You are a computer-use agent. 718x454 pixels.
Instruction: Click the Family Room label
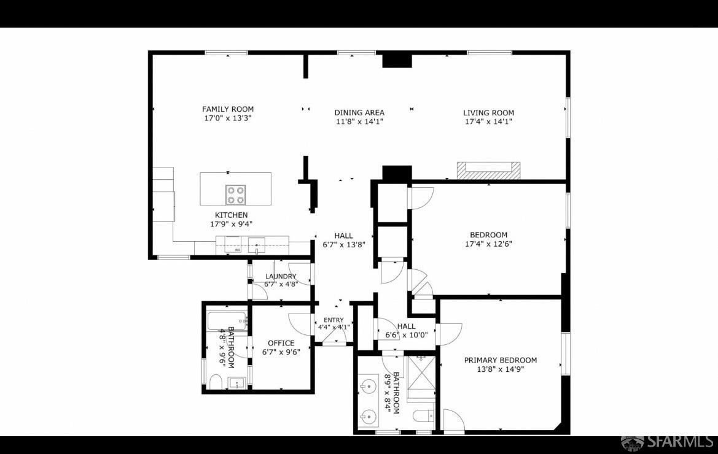click(228, 109)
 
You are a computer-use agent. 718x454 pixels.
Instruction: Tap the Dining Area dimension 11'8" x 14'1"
click(359, 121)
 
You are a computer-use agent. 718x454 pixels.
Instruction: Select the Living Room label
click(488, 112)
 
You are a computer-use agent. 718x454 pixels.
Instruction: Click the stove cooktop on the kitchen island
click(235, 194)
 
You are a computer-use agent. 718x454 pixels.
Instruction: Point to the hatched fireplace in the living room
click(488, 171)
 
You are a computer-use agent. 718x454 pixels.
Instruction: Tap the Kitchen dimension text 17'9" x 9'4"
click(231, 224)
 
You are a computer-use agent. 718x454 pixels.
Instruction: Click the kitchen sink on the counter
click(257, 245)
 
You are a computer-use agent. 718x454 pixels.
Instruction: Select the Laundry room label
click(281, 277)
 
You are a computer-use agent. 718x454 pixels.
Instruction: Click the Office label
click(281, 343)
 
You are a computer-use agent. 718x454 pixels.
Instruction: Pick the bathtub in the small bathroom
click(227, 321)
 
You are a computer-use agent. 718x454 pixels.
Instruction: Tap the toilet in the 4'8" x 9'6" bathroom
click(215, 382)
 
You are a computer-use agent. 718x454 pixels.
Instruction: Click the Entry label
click(334, 320)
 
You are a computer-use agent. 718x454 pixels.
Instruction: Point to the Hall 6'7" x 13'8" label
click(343, 240)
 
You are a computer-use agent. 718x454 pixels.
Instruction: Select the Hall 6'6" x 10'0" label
click(406, 331)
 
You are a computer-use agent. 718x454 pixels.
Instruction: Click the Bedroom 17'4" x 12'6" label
click(488, 239)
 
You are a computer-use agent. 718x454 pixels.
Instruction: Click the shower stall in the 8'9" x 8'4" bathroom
click(421, 377)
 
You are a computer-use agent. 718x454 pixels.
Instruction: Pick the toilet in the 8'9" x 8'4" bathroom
click(424, 416)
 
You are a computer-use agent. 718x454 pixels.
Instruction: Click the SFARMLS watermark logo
click(666, 442)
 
